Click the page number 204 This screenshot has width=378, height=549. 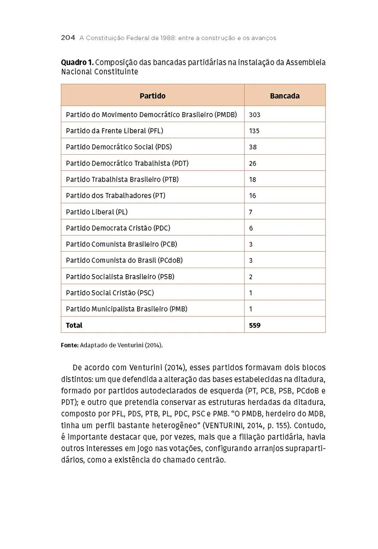coord(68,38)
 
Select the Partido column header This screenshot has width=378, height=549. coord(152,96)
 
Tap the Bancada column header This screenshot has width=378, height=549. coord(284,96)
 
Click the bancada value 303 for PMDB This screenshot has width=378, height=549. coord(255,115)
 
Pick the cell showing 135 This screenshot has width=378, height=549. coord(254,131)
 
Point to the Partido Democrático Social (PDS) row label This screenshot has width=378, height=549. coord(119,147)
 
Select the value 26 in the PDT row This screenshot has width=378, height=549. coord(253,163)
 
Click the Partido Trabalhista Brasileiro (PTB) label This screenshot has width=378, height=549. coord(122,179)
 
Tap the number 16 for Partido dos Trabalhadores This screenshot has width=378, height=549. coord(253,196)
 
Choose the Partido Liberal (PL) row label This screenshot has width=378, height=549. coord(96,212)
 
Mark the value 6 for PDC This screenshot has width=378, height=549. coord(251,228)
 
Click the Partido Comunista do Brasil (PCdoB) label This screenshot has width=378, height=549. coord(124,260)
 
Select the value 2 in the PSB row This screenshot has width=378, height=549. coord(251,277)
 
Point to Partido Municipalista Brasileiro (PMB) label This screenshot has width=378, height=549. coord(127,309)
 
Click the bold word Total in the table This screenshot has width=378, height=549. coord(74,325)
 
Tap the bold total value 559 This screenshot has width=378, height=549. coord(255,325)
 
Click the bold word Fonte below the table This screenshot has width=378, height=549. coord(69,345)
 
